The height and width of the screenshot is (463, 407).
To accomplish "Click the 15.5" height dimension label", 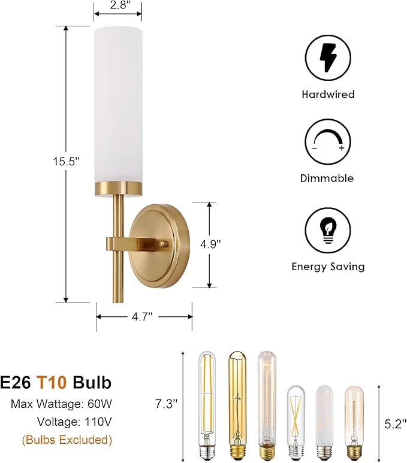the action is pyautogui.click(x=67, y=162).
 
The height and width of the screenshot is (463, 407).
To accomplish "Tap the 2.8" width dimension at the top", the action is pyautogui.click(x=118, y=5).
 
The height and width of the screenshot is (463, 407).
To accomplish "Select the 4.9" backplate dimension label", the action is pyautogui.click(x=210, y=244).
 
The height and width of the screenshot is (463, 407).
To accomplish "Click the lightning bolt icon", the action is pyautogui.click(x=328, y=58).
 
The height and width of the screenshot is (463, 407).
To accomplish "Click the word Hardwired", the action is pyautogui.click(x=328, y=94).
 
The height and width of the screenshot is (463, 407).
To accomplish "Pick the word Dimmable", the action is pyautogui.click(x=327, y=178).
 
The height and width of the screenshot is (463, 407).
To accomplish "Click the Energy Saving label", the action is pyautogui.click(x=328, y=267).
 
